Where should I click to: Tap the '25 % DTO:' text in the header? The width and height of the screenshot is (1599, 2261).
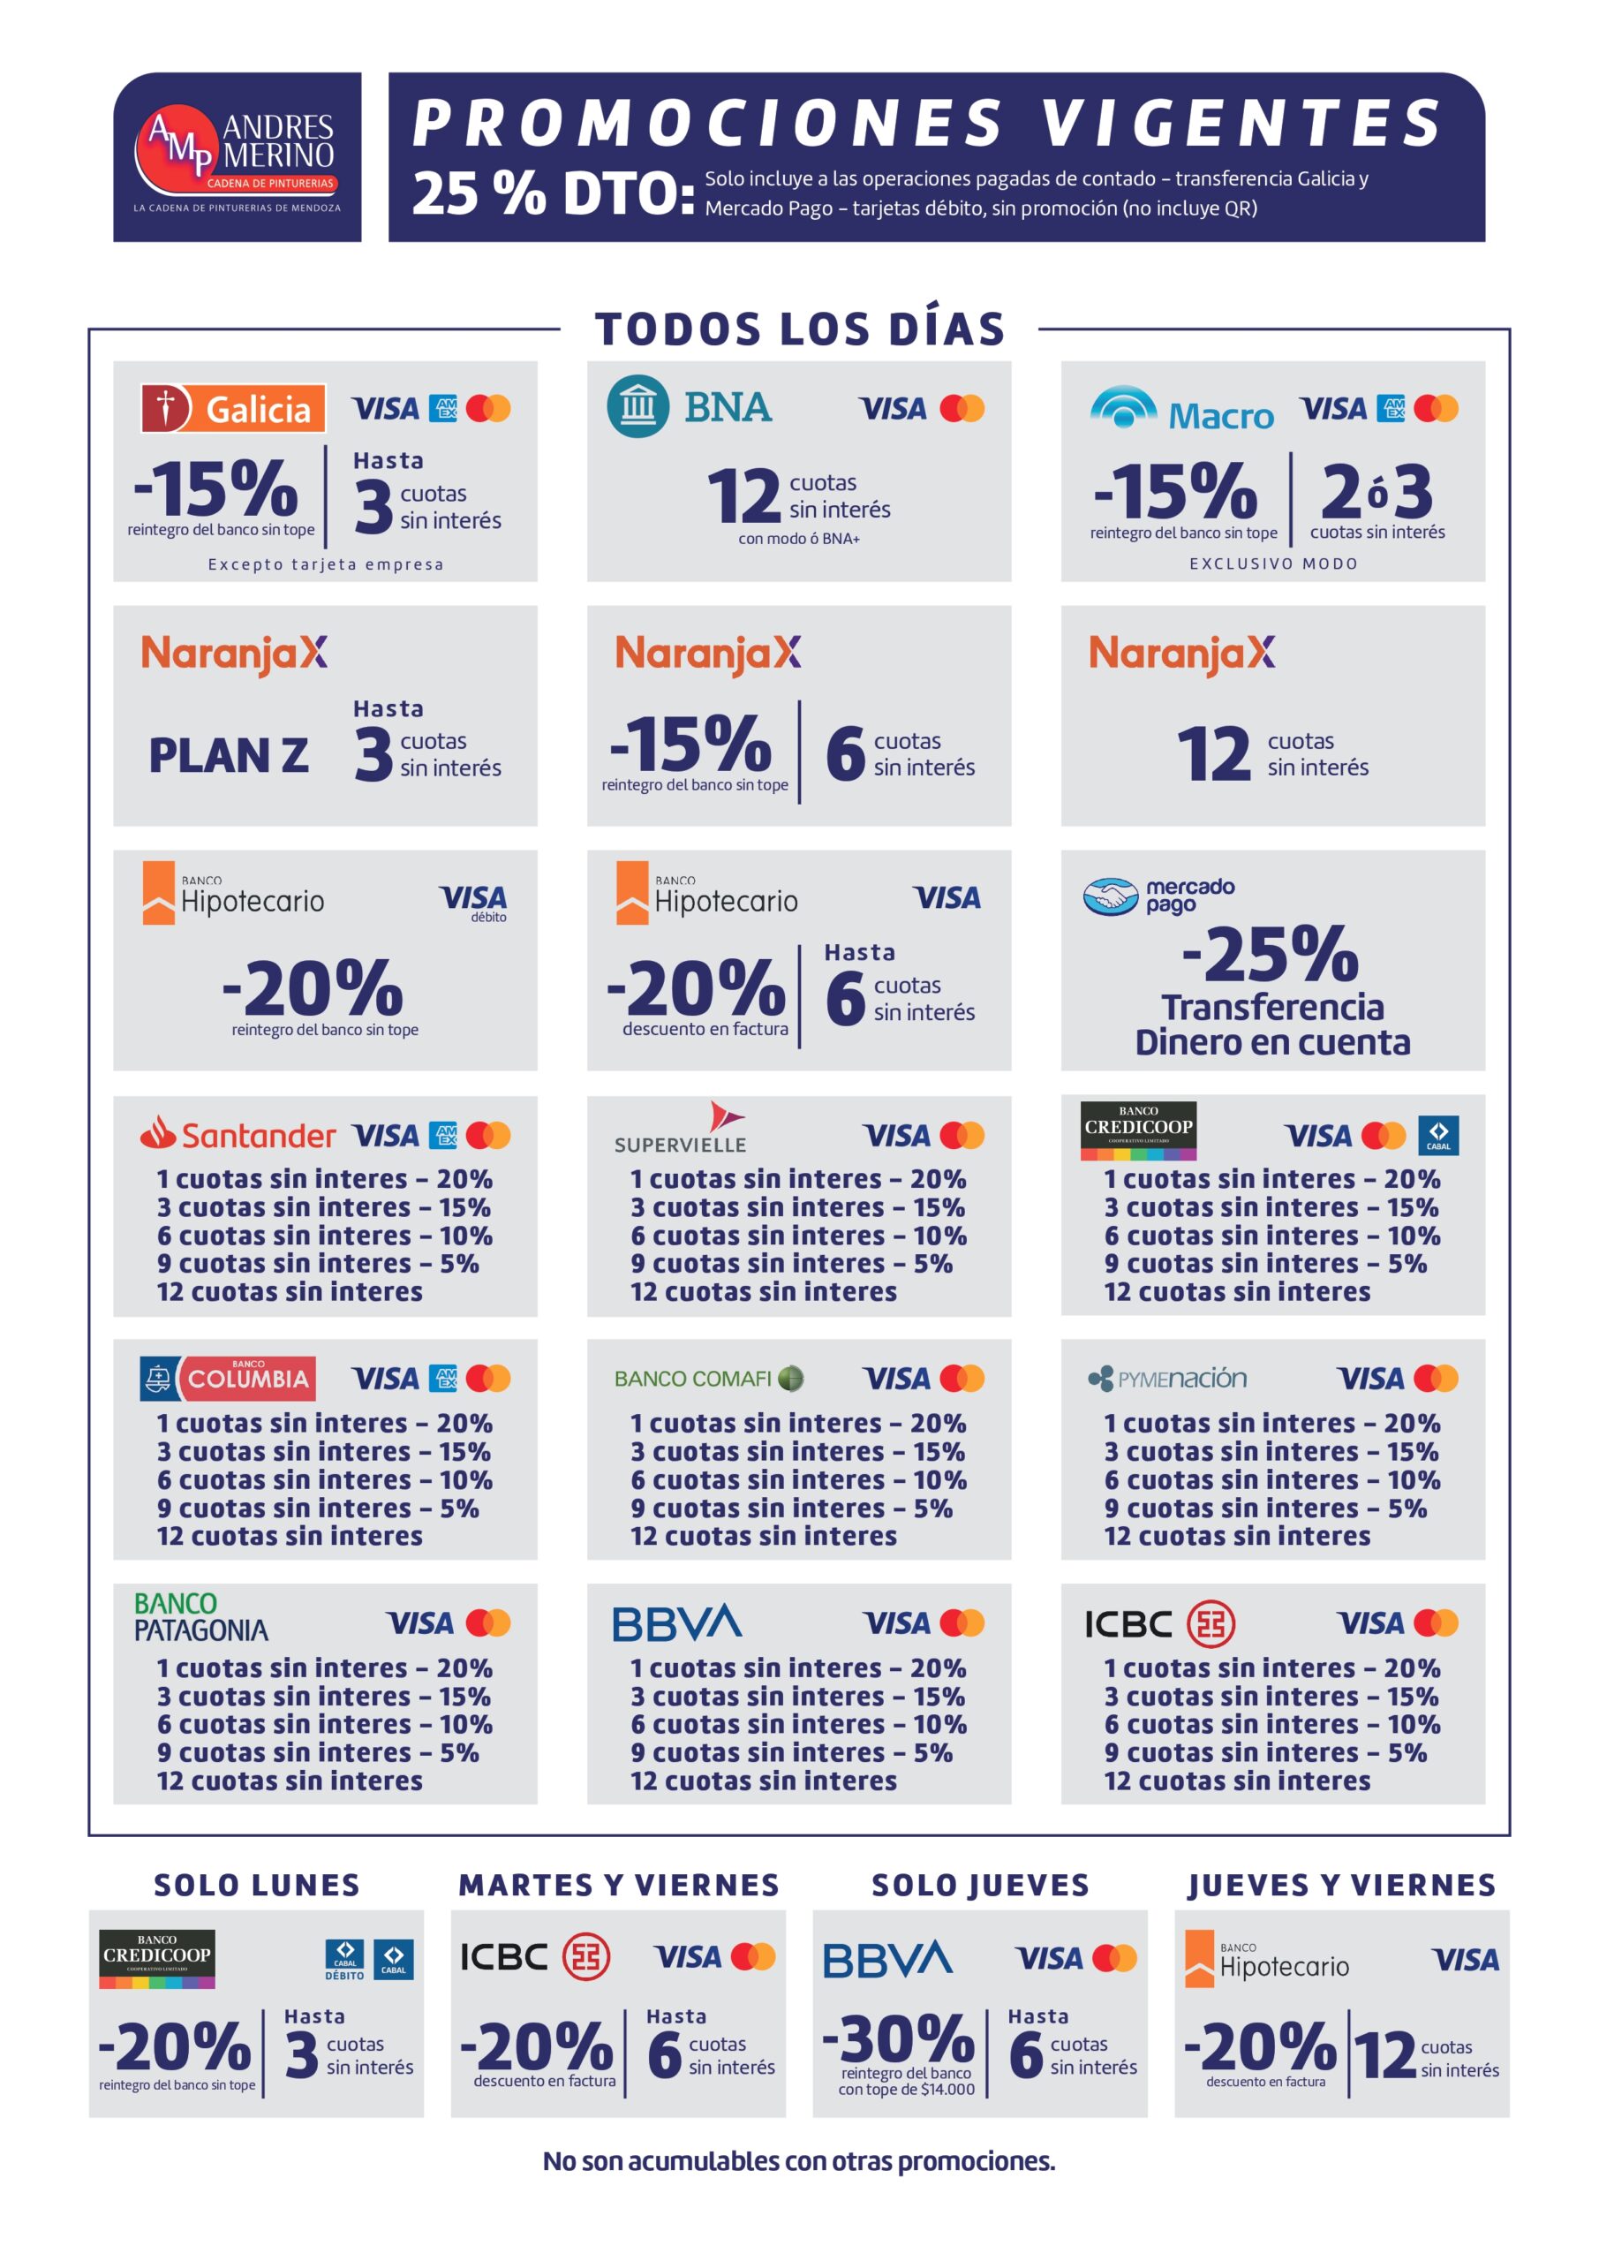pos(554,193)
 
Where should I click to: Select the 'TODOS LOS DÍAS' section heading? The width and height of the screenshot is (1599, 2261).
pos(800,329)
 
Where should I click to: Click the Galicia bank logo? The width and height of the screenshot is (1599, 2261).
pos(233,408)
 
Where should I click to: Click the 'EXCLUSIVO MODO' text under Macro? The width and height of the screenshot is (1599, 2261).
pos(1273,563)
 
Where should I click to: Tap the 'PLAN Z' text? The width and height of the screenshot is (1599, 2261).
pos(229,755)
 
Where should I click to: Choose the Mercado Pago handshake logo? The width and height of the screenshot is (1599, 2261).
pos(1111,896)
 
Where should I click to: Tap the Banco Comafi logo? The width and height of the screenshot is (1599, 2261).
pos(709,1379)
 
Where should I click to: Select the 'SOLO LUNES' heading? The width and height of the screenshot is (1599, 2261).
pos(257,1885)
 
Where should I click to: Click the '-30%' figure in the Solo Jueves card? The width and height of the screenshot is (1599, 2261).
pos(898,2038)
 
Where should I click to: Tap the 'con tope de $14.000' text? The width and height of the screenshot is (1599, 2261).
pos(906,2090)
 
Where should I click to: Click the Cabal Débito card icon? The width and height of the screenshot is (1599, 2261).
pos(344,1959)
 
